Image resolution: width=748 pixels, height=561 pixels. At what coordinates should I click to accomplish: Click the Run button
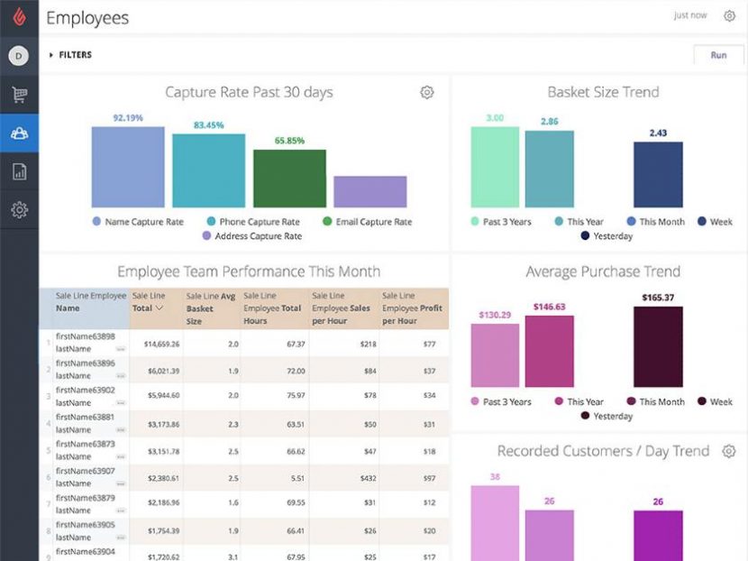(718, 55)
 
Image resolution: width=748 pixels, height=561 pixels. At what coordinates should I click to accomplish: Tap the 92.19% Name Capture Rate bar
(128, 167)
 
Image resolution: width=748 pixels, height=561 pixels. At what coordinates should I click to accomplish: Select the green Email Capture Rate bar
(289, 179)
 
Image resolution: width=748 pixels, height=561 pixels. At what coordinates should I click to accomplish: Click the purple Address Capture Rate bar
(369, 191)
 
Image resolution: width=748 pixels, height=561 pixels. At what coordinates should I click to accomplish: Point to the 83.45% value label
(208, 125)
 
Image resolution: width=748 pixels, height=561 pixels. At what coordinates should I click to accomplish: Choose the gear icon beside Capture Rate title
(427, 93)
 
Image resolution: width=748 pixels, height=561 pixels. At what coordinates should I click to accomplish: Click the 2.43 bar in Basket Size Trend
(658, 175)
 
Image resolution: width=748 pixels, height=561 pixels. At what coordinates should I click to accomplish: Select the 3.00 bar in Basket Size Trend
(495, 167)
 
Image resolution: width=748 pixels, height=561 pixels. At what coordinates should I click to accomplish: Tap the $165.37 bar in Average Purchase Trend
(658, 347)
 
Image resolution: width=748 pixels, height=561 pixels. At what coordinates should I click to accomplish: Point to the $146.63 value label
(549, 307)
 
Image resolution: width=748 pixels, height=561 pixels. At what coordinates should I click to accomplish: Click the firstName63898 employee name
(85, 336)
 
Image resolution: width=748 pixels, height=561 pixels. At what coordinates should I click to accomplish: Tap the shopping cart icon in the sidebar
(19, 94)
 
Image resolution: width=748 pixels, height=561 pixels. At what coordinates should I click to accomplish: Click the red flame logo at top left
(19, 17)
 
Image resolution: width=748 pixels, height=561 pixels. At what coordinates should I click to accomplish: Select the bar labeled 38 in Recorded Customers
(495, 523)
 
